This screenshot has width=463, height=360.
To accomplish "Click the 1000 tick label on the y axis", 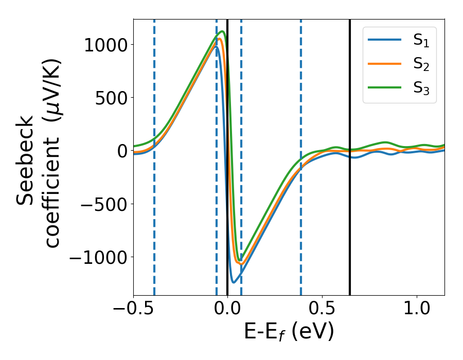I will [x=106, y=45].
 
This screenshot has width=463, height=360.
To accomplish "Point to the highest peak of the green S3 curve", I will [x=222, y=31].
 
